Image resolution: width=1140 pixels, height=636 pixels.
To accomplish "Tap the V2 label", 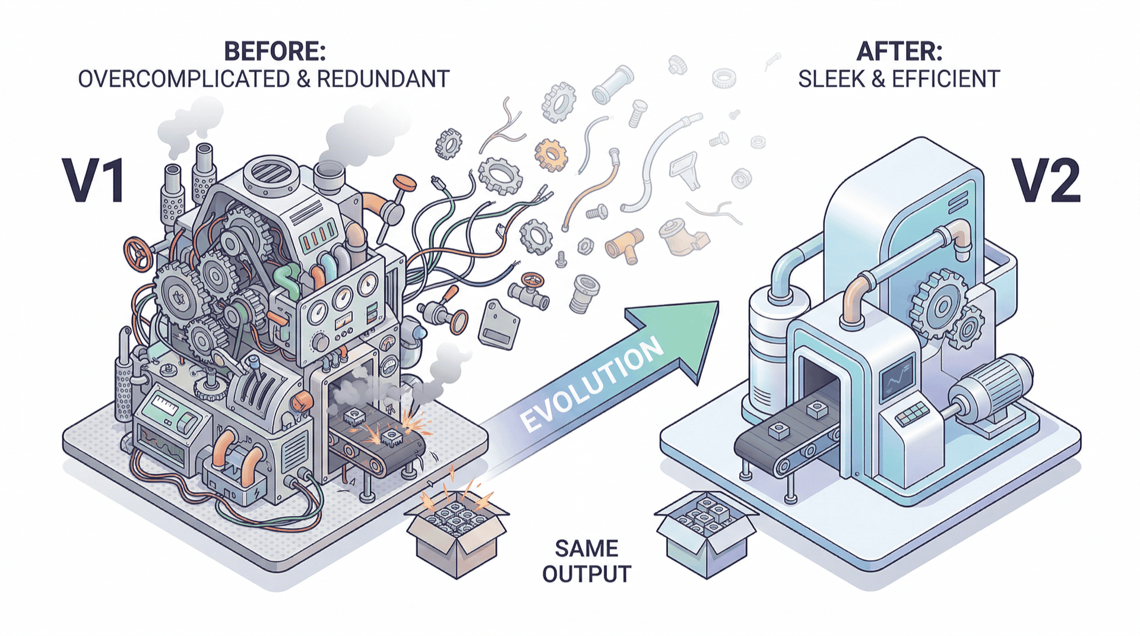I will click(1047, 181).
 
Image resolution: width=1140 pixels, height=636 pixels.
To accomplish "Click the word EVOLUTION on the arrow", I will click(591, 384).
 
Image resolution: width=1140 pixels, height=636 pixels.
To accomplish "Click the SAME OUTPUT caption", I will click(586, 561).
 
